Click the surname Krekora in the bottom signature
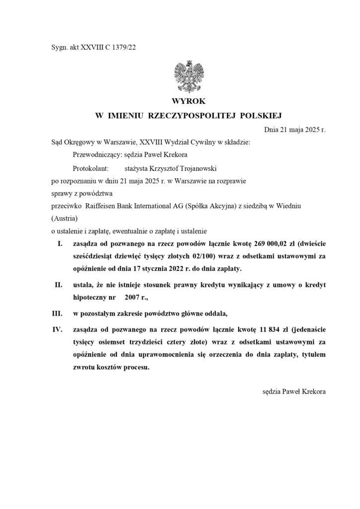[311, 392]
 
